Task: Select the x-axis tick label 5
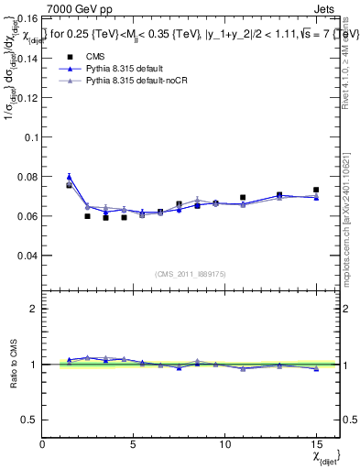tap(134, 444)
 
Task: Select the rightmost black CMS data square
tap(316, 190)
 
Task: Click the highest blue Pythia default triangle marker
tap(70, 177)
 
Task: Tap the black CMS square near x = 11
tap(243, 197)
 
